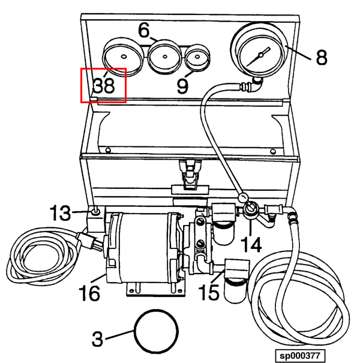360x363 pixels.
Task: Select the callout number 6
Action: tap(144, 30)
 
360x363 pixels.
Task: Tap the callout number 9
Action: tap(182, 86)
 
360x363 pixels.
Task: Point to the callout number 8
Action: tap(322, 57)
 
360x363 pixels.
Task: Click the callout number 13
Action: tap(60, 212)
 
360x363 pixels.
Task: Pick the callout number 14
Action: tap(251, 244)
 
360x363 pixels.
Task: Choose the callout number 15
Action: tap(209, 292)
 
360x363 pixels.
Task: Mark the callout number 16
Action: tap(89, 293)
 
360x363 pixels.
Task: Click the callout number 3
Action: tap(97, 339)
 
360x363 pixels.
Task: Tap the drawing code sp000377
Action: tap(300, 355)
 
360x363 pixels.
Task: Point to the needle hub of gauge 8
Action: tap(261, 55)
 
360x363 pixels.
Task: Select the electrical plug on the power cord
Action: tap(89, 241)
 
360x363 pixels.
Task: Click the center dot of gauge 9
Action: tap(197, 56)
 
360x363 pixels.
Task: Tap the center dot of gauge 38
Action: tap(124, 56)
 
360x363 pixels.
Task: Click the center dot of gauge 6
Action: tap(165, 56)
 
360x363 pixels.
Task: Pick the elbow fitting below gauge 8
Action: tap(257, 85)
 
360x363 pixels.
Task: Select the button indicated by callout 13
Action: tap(95, 211)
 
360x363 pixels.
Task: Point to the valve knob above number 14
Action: tap(250, 208)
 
